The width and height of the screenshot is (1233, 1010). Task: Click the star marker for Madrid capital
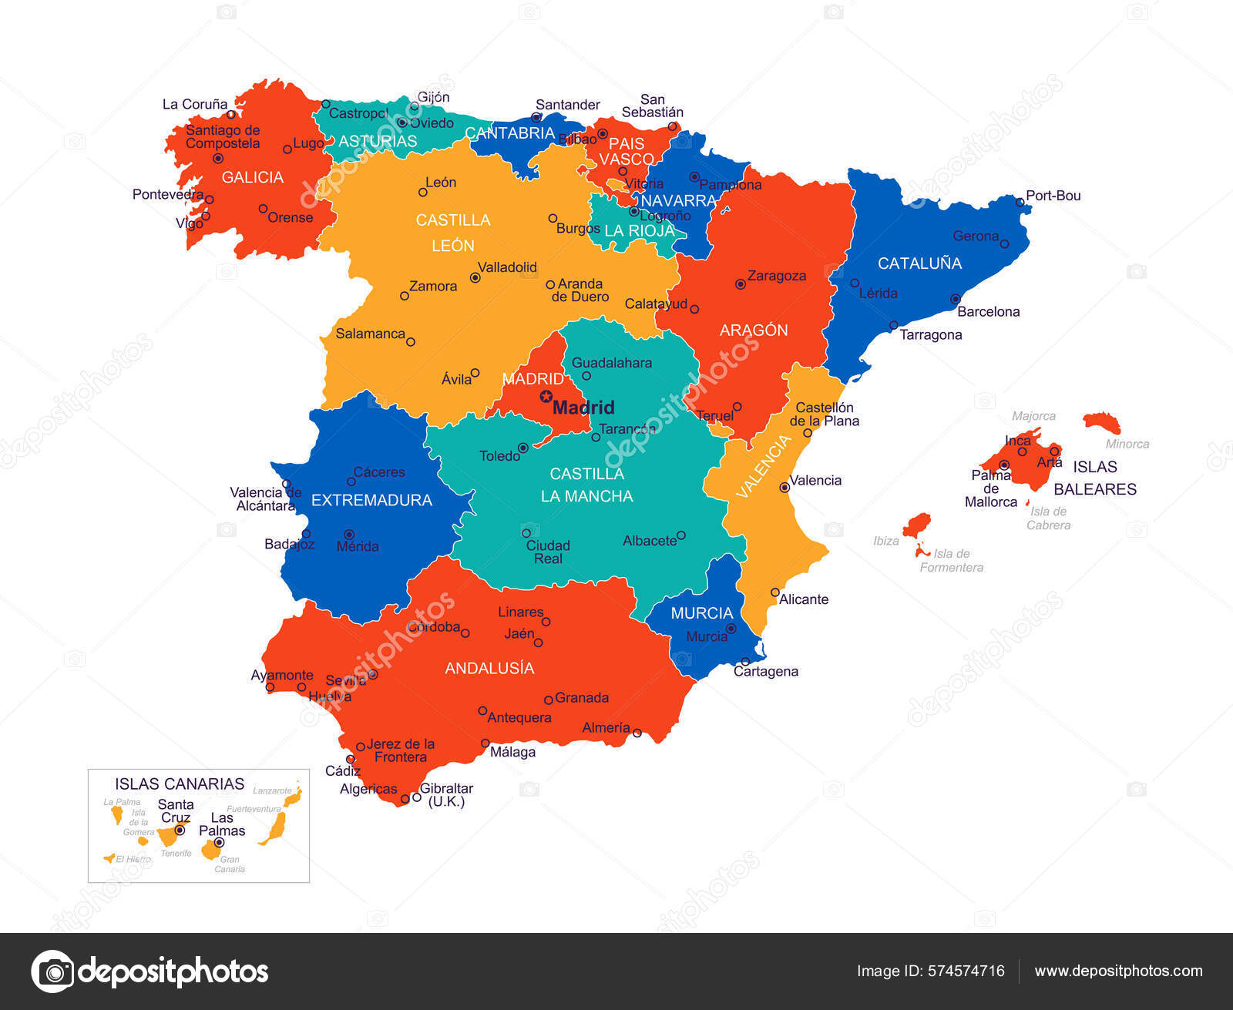click(x=546, y=397)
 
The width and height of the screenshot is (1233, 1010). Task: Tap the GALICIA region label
click(x=253, y=177)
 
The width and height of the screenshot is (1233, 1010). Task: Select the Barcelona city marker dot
click(x=955, y=299)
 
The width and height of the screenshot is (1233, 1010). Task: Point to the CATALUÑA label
click(x=919, y=263)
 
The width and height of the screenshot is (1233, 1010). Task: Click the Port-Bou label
click(x=1053, y=196)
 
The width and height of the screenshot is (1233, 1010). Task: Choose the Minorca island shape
click(x=1102, y=422)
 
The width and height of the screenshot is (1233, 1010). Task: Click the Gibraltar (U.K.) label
click(x=446, y=794)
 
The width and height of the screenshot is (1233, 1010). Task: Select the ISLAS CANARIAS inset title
click(x=180, y=784)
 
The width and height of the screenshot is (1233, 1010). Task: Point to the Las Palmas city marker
click(x=219, y=842)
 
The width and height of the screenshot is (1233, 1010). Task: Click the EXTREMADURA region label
click(x=371, y=500)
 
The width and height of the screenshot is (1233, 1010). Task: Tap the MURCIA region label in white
click(x=701, y=613)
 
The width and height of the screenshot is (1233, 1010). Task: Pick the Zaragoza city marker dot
click(x=740, y=284)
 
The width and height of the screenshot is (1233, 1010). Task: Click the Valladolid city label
click(x=507, y=267)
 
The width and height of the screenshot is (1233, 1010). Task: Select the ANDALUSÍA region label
click(x=489, y=668)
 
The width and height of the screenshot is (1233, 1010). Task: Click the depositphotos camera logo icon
click(x=53, y=971)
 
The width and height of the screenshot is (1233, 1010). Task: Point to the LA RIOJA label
click(x=639, y=230)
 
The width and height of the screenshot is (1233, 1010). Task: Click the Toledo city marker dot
click(x=523, y=448)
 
